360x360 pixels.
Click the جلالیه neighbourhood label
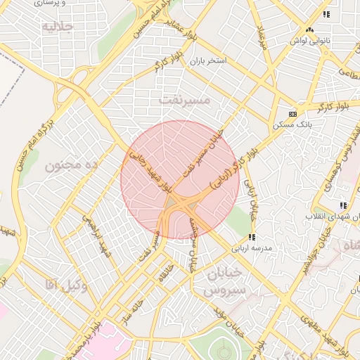[58, 27]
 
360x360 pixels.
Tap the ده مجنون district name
[70, 166]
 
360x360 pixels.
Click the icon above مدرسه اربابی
[252, 237]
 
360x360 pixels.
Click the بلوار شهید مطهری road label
[313, 332]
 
